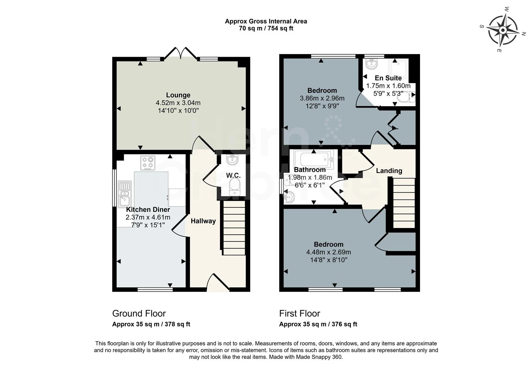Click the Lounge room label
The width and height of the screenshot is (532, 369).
pyautogui.click(x=178, y=95)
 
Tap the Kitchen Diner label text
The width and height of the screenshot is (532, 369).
pyautogui.click(x=148, y=209)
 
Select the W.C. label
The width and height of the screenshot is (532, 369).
pyautogui.click(x=233, y=175)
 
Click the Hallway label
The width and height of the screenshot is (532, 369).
pyautogui.click(x=203, y=221)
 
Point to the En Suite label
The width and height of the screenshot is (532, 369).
pyautogui.click(x=388, y=78)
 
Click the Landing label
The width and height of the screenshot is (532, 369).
pyautogui.click(x=389, y=170)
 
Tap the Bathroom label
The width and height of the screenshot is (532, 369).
pyautogui.click(x=310, y=169)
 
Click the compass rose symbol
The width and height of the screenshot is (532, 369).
pyautogui.click(x=502, y=31)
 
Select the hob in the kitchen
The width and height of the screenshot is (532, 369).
pyautogui.click(x=148, y=163)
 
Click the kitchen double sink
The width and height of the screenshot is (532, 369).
pyautogui.click(x=124, y=194)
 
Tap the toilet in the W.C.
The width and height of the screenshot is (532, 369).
pyautogui.click(x=234, y=188)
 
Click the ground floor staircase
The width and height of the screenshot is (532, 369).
pyautogui.click(x=234, y=228)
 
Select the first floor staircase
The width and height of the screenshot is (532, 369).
pyautogui.click(x=404, y=203)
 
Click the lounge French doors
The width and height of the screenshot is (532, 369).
pyautogui.click(x=180, y=54)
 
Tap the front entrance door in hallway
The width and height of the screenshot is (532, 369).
pyautogui.click(x=218, y=283)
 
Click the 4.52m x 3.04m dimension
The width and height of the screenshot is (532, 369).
pyautogui.click(x=178, y=102)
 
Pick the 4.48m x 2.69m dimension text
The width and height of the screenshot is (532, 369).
pyautogui.click(x=328, y=252)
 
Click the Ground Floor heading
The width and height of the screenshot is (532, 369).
pyautogui.click(x=139, y=313)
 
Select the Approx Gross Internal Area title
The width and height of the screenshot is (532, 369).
pyautogui.click(x=266, y=21)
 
